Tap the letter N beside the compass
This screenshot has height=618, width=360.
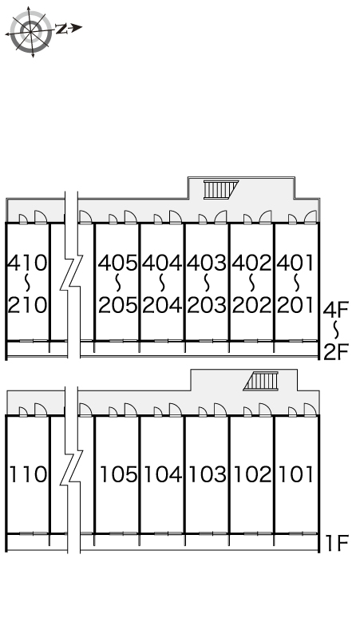point(61,29)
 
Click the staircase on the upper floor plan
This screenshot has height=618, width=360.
point(221,189)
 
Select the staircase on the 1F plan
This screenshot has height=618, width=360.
point(261,381)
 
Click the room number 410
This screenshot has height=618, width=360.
point(28,263)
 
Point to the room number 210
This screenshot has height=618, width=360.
point(28,305)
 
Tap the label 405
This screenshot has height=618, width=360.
point(118,263)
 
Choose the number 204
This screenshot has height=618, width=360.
point(162,305)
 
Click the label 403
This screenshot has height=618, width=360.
point(208,263)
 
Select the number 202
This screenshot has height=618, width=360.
point(252,305)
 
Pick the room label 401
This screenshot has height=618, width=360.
point(296,263)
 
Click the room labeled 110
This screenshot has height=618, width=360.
point(28,474)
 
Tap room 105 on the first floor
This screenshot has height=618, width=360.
point(117,474)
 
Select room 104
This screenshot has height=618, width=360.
point(162,474)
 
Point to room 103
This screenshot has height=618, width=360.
point(207,474)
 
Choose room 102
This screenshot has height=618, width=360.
point(251,474)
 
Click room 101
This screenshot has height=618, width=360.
point(297,474)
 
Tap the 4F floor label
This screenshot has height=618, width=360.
point(336,309)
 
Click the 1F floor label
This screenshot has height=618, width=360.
point(337,543)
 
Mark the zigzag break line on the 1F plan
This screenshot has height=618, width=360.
point(72,469)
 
